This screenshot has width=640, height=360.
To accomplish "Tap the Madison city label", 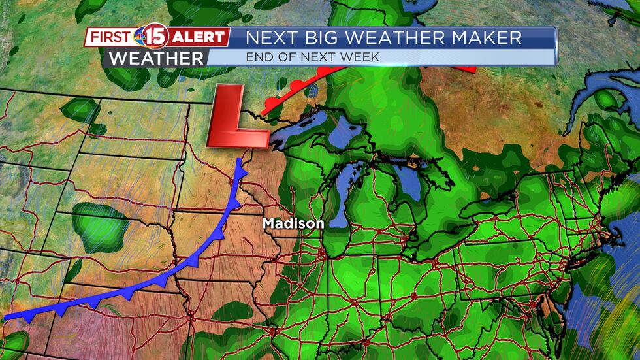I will (293, 223).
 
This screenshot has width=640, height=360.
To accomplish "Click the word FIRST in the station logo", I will (110, 37).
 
